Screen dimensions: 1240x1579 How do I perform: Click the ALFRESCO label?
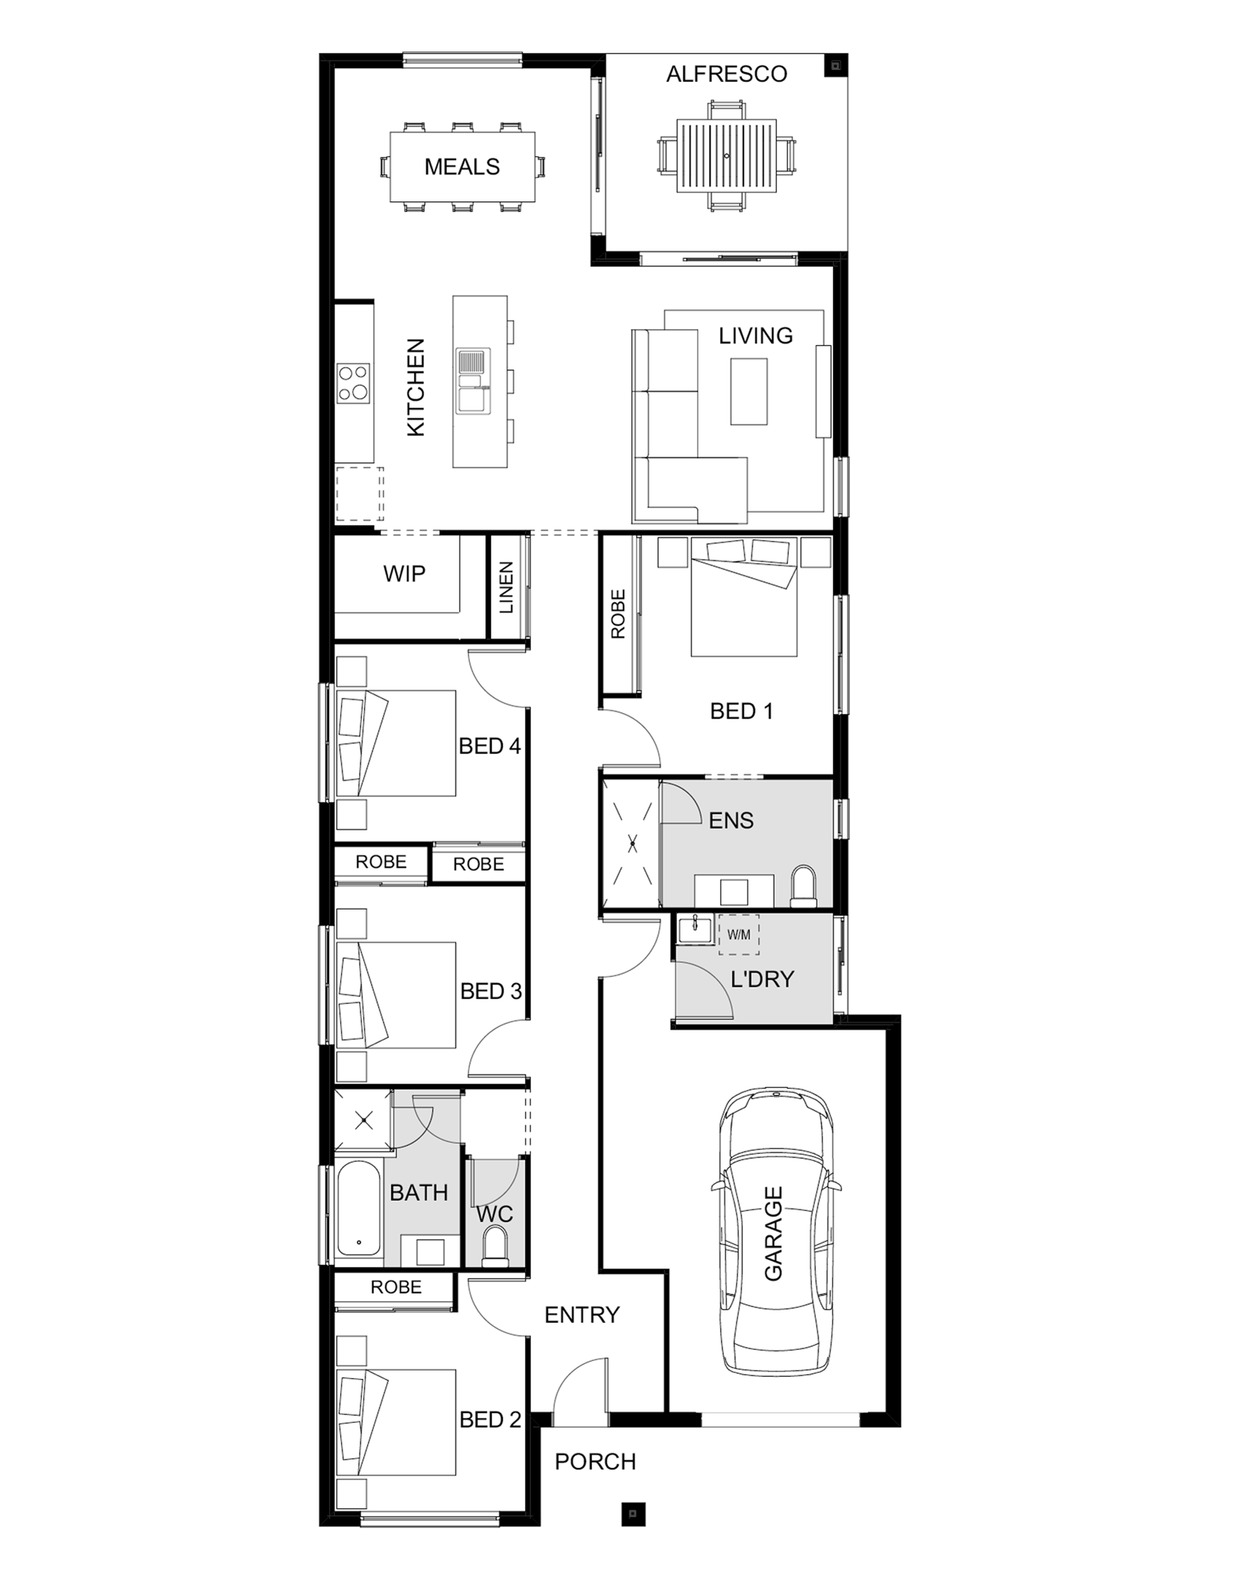727,74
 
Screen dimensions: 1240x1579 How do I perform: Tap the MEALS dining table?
462,167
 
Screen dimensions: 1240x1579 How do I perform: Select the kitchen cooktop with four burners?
353,383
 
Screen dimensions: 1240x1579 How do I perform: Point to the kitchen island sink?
473,381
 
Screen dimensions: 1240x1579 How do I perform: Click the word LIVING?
756,335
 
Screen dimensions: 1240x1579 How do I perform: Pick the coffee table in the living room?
748,392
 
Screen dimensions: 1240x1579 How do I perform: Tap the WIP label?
404,574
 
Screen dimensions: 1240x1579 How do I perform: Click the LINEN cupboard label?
507,587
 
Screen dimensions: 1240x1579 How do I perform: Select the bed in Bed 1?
744,596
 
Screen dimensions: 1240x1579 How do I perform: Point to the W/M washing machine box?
738,935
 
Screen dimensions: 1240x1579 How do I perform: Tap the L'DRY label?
762,979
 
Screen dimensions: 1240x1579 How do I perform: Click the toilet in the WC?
496,1246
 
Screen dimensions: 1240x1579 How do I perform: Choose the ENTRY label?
583,1314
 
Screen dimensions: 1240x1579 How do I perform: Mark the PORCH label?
595,1462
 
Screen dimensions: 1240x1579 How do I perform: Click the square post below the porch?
633,1513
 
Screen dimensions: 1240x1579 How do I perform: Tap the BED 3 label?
491,991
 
